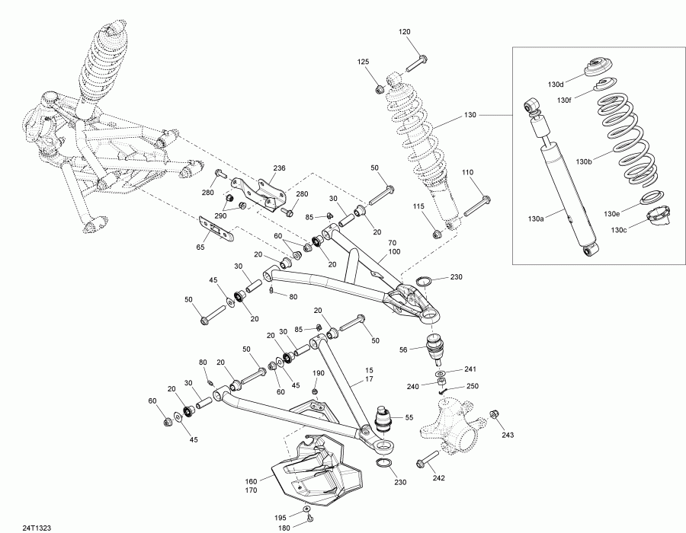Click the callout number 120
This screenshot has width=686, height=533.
[404, 31]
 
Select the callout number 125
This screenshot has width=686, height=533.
[364, 61]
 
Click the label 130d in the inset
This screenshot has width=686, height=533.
[556, 84]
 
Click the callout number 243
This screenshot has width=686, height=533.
[509, 435]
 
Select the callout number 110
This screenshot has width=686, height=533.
[467, 173]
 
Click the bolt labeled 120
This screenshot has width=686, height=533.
[418, 60]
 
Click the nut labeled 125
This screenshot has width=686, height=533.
[379, 90]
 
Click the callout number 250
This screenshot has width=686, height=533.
[472, 387]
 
